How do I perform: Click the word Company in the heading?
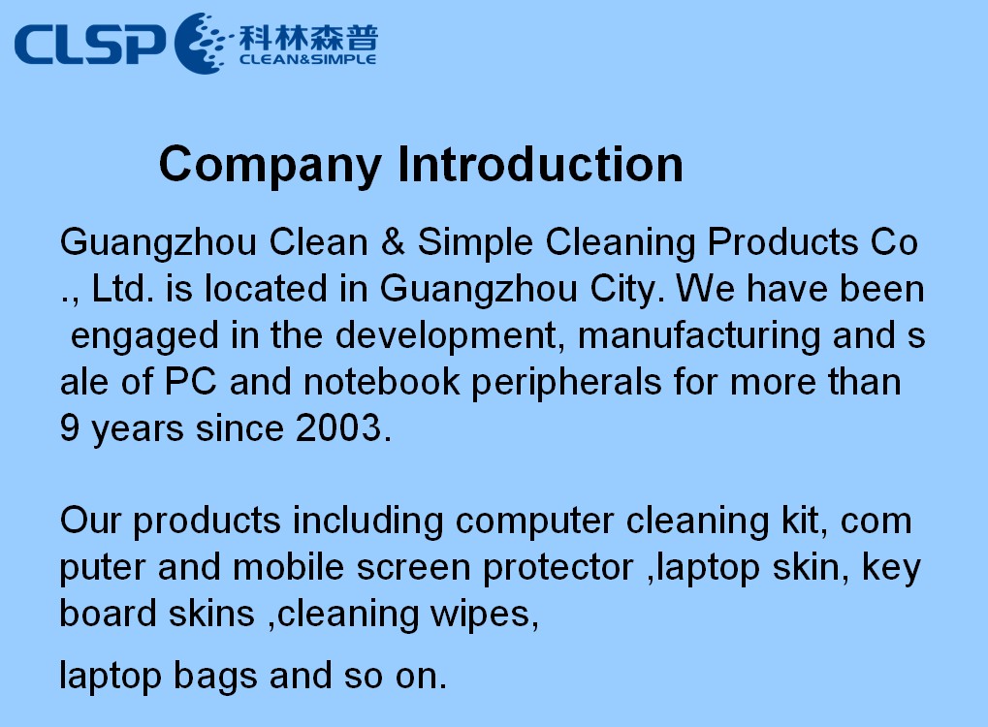(271, 165)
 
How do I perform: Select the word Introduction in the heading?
(541, 164)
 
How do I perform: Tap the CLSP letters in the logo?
(89, 44)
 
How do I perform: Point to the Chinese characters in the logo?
(308, 37)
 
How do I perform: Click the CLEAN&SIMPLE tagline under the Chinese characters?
(307, 59)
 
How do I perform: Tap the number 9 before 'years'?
(69, 427)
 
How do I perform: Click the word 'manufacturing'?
(699, 335)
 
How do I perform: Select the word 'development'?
(445, 337)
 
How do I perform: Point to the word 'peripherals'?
(566, 383)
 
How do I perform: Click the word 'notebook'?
(381, 382)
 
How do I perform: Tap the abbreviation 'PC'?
(190, 382)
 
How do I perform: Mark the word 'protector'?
(558, 568)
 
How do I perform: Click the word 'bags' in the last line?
(215, 678)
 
